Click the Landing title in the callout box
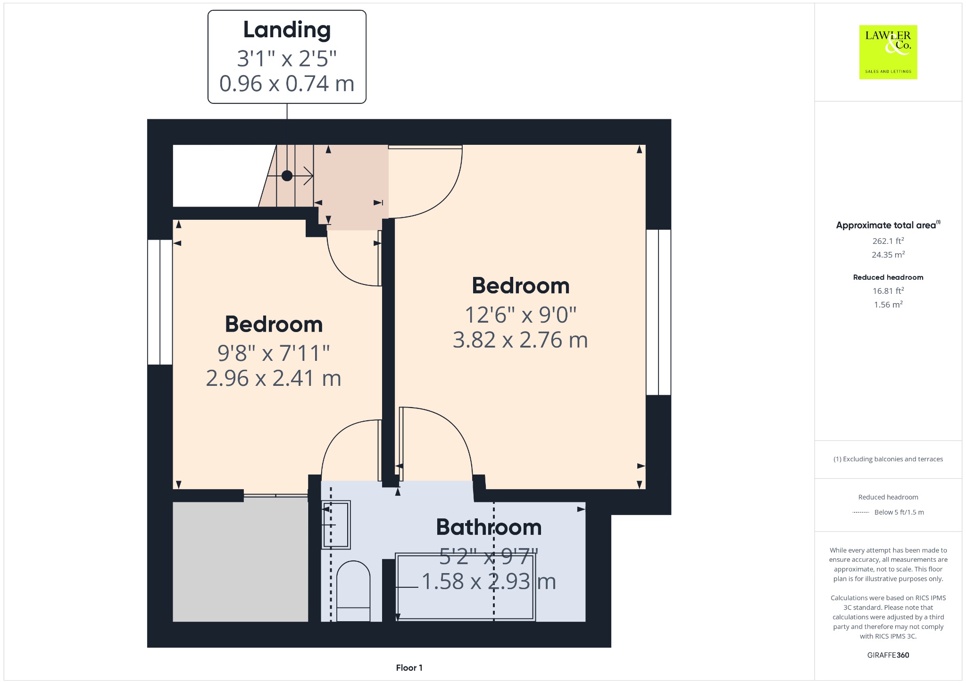(287, 30)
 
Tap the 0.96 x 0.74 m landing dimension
(287, 83)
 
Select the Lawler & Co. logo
(888, 52)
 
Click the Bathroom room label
(489, 527)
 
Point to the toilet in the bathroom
(353, 591)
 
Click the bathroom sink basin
(336, 525)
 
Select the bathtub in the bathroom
(465, 587)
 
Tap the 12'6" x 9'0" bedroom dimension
(521, 315)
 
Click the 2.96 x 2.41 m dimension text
(274, 378)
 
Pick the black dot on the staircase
(287, 176)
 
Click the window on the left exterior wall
(160, 302)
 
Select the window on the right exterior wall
(658, 312)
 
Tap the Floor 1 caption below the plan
(409, 667)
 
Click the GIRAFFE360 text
(888, 655)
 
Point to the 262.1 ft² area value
(888, 241)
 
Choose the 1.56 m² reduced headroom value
(888, 304)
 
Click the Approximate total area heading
(888, 225)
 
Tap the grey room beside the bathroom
(241, 562)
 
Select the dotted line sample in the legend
(861, 512)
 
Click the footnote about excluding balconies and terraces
(888, 459)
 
